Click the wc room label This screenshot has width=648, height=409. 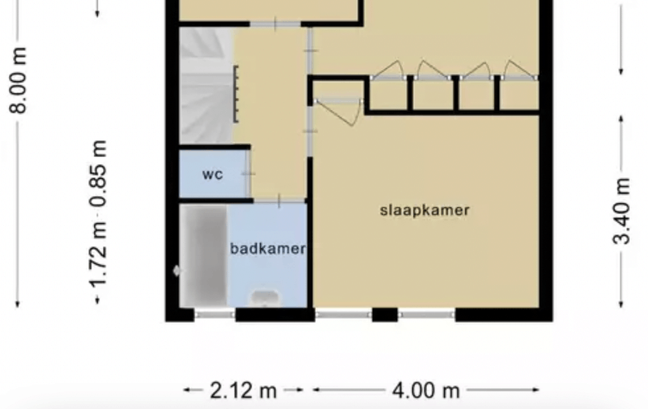click(x=213, y=174)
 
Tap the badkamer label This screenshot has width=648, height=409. click(x=268, y=249)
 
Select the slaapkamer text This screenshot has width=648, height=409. click(x=424, y=211)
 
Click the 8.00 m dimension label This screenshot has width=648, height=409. click(x=19, y=80)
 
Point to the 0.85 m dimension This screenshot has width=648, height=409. click(x=100, y=173)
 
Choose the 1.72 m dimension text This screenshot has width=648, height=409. click(x=100, y=255)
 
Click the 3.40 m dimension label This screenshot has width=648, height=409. click(x=621, y=211)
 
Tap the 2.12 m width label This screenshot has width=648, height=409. click(x=244, y=390)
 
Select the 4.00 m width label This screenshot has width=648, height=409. click(x=426, y=390)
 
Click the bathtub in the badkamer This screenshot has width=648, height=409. click(x=203, y=256)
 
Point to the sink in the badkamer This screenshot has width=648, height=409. click(x=265, y=298)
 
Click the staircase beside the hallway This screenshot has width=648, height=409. click(x=207, y=86)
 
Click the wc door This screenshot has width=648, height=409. click(x=249, y=174)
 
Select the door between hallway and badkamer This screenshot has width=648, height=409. click(x=279, y=201)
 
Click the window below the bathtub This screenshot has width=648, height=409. click(x=215, y=315)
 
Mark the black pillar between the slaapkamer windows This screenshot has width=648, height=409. click(x=385, y=315)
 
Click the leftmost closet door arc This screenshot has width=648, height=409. click(x=389, y=70)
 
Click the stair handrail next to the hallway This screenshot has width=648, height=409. click(x=236, y=94)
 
